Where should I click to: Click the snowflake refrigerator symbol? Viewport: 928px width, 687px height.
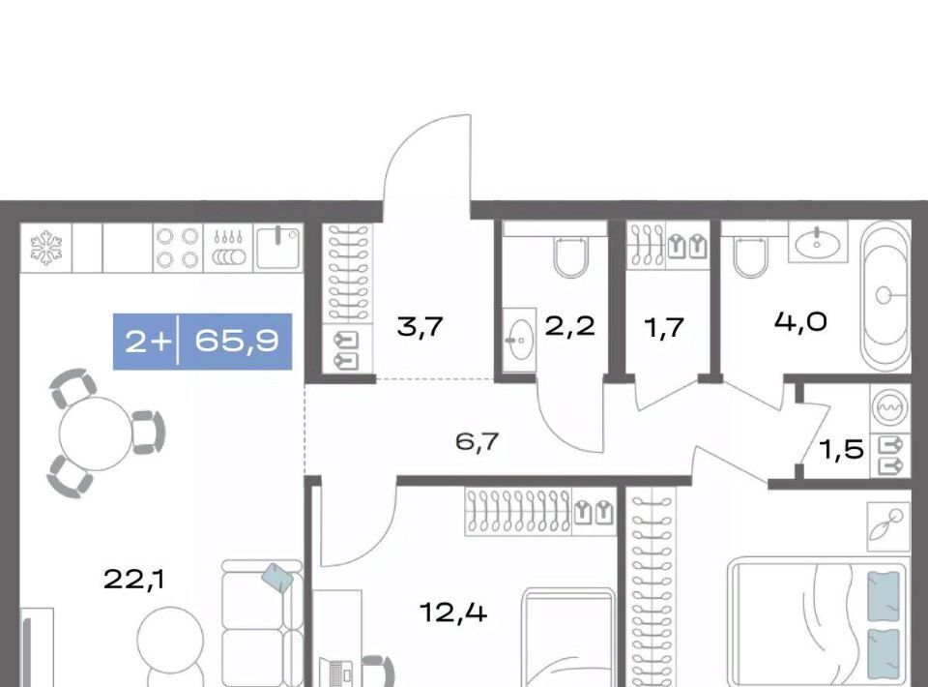[46, 248]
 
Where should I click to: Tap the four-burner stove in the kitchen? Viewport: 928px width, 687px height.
[177, 248]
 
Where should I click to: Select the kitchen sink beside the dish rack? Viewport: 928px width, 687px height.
[278, 248]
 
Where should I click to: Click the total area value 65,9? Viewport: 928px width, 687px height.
[237, 342]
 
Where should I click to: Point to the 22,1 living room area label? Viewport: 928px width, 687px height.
[134, 580]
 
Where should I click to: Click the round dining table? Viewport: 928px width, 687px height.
[96, 433]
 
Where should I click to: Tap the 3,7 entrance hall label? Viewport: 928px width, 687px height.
[420, 327]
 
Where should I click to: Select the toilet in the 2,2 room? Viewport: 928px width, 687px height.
[571, 257]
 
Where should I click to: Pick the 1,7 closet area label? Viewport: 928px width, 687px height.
[665, 327]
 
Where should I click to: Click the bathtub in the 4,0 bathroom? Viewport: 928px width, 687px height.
[885, 295]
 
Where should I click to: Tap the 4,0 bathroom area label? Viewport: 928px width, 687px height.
[800, 322]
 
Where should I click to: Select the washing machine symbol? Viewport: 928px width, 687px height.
[890, 408]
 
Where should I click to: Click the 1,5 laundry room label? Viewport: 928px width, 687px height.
[842, 450]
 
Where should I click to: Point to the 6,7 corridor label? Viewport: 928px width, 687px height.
[477, 442]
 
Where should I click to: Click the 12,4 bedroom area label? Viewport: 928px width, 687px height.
[453, 612]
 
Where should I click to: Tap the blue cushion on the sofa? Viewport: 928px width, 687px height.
[277, 577]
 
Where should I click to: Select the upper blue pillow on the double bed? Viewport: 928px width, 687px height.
[883, 595]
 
